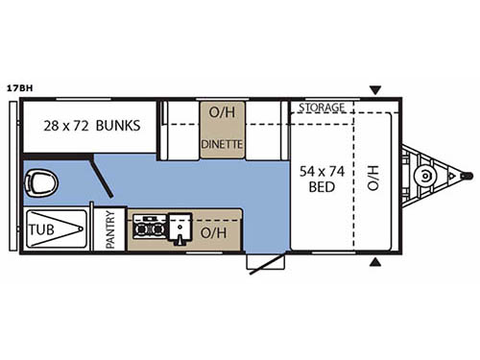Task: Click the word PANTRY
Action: (x=109, y=230)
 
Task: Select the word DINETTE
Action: (x=222, y=145)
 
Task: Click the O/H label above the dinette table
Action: (x=222, y=114)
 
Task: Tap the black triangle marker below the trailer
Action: (x=375, y=262)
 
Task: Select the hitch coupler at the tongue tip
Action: (x=468, y=176)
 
